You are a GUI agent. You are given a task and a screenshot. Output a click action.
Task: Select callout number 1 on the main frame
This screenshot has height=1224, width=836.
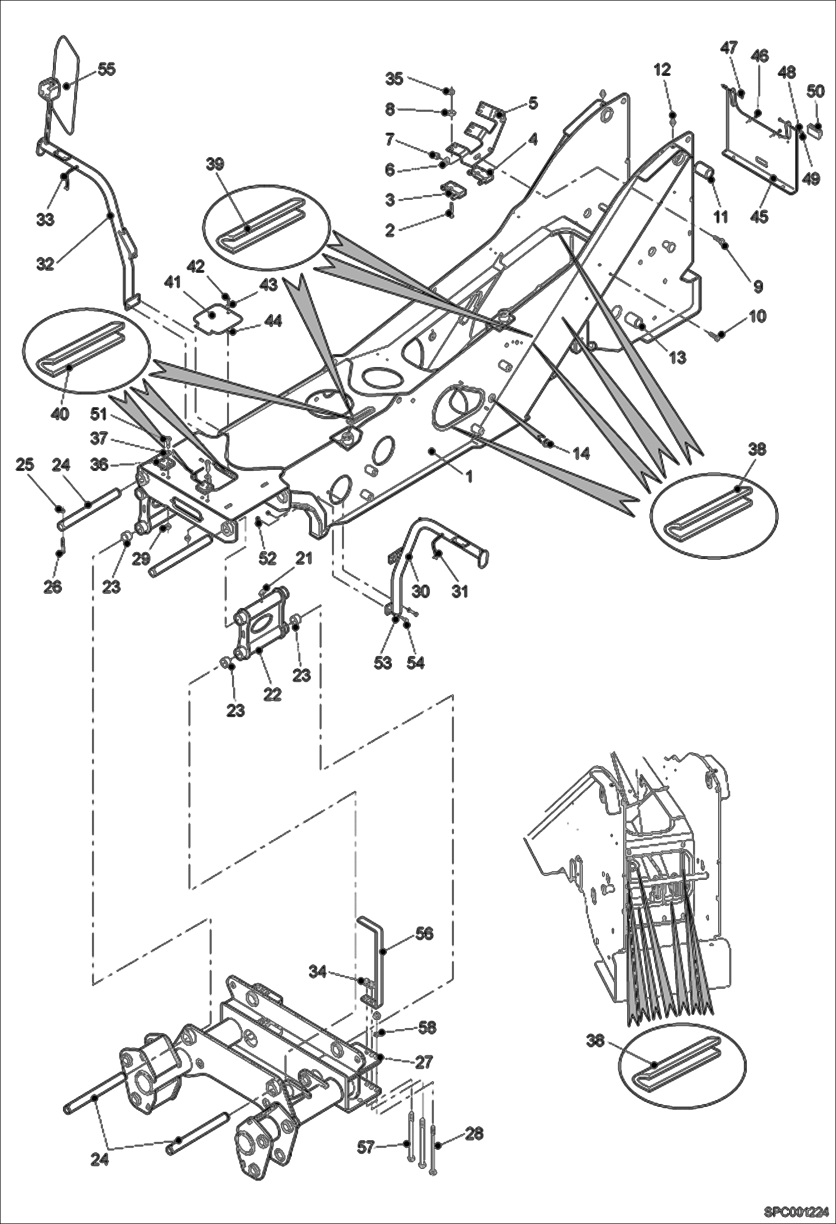coord(469,477)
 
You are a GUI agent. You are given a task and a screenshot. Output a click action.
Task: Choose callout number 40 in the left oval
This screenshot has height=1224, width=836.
coord(60,413)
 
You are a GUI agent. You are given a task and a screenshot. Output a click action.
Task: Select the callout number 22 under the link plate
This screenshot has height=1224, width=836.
coord(272,695)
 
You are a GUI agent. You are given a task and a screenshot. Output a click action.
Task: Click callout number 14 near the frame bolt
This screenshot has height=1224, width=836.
coord(581,454)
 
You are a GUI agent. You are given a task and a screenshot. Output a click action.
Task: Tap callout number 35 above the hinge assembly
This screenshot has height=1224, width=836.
coord(394,79)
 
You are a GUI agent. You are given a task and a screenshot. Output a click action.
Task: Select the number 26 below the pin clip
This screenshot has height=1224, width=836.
coord(53,587)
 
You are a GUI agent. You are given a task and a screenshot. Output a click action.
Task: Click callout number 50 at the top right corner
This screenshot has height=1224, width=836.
coord(815,91)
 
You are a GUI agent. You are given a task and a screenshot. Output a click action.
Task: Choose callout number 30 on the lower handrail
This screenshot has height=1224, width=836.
coord(421,590)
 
